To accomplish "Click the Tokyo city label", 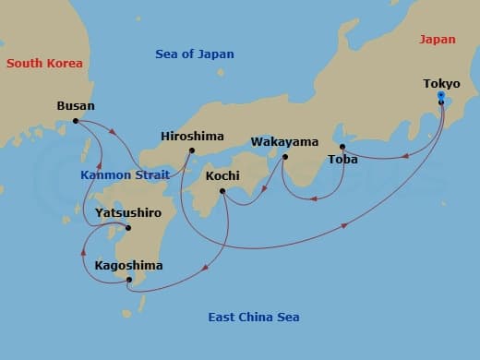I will tap(441, 84).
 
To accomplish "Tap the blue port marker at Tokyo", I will tap(441, 96).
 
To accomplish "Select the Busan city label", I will tap(76, 106).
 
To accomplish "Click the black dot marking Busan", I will tap(76, 121).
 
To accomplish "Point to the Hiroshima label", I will tap(192, 136).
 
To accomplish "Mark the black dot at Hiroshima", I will tap(192, 150).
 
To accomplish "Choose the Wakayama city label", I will tap(284, 142).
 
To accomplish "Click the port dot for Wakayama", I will tap(284, 157).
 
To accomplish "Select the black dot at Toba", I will tap(342, 147).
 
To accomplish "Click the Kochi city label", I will tap(222, 175).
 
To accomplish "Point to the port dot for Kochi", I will tap(222, 191).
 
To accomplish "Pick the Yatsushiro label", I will tap(128, 213).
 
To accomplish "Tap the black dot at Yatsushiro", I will tap(128, 228).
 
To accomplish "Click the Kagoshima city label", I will tap(128, 266).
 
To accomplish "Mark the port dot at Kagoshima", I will tap(129, 280).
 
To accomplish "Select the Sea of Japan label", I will tap(194, 54).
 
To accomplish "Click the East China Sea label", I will tap(253, 318).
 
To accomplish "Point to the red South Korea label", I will tap(44, 64).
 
